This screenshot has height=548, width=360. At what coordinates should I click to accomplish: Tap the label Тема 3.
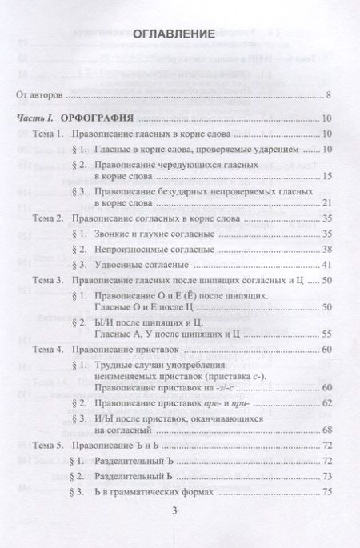pyautogui.click(x=46, y=280)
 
